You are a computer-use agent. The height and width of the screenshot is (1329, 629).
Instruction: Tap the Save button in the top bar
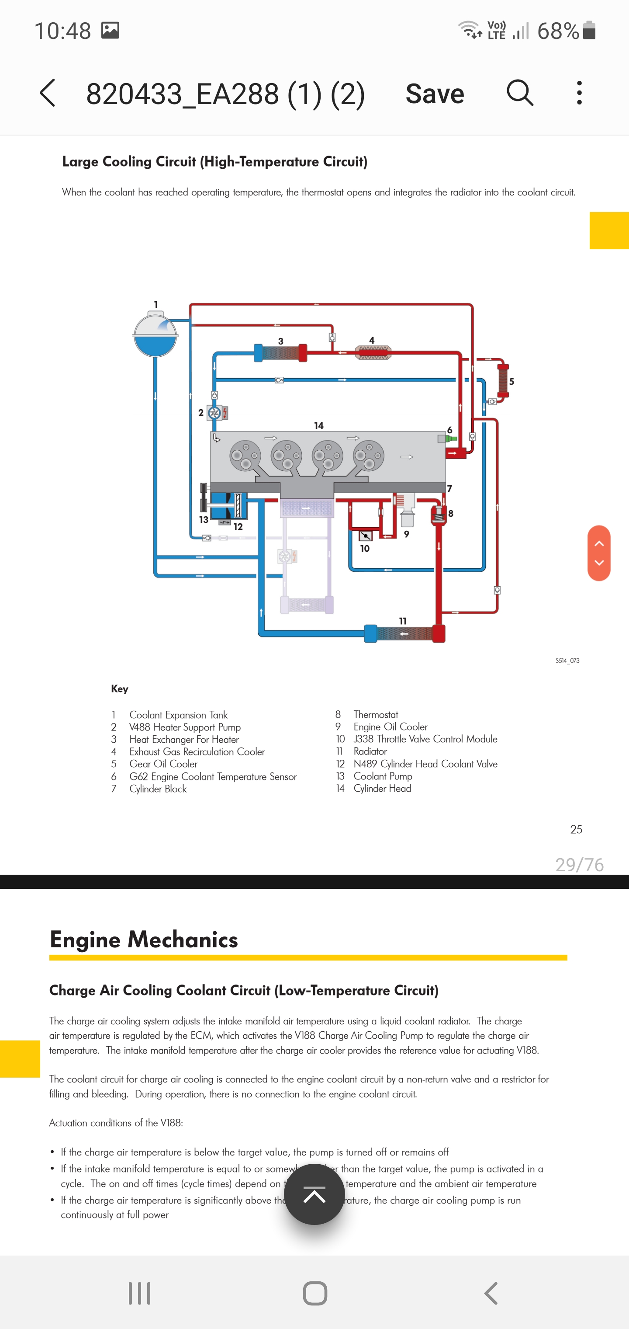click(x=435, y=94)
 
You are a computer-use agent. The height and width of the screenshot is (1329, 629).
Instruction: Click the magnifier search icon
click(x=520, y=93)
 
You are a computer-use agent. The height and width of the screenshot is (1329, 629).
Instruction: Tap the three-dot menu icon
click(x=580, y=93)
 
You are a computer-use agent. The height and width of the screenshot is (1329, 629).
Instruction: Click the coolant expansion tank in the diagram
click(x=155, y=335)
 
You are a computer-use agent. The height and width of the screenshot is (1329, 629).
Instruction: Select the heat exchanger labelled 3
click(x=280, y=353)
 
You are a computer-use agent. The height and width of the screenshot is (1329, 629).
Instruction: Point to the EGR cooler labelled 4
click(x=373, y=352)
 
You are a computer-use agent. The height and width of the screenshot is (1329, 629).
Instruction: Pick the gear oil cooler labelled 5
click(x=503, y=380)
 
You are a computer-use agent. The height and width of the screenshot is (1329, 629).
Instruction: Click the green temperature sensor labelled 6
click(x=450, y=438)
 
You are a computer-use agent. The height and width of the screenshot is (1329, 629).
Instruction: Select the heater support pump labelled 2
click(x=214, y=413)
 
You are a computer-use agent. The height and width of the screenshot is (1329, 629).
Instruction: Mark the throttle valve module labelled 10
click(x=366, y=536)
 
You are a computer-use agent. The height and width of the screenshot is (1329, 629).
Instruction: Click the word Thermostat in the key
click(x=376, y=714)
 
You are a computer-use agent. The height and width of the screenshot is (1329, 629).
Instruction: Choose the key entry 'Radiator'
click(x=370, y=751)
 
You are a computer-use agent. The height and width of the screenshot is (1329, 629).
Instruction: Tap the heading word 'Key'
click(x=120, y=689)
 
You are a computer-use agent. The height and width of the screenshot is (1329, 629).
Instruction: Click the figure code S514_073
click(x=567, y=661)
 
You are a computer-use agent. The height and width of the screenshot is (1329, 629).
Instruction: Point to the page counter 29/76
click(x=579, y=865)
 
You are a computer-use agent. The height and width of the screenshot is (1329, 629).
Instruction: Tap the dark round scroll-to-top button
click(x=314, y=1194)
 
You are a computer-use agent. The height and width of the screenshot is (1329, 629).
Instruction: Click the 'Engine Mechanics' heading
click(x=144, y=939)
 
